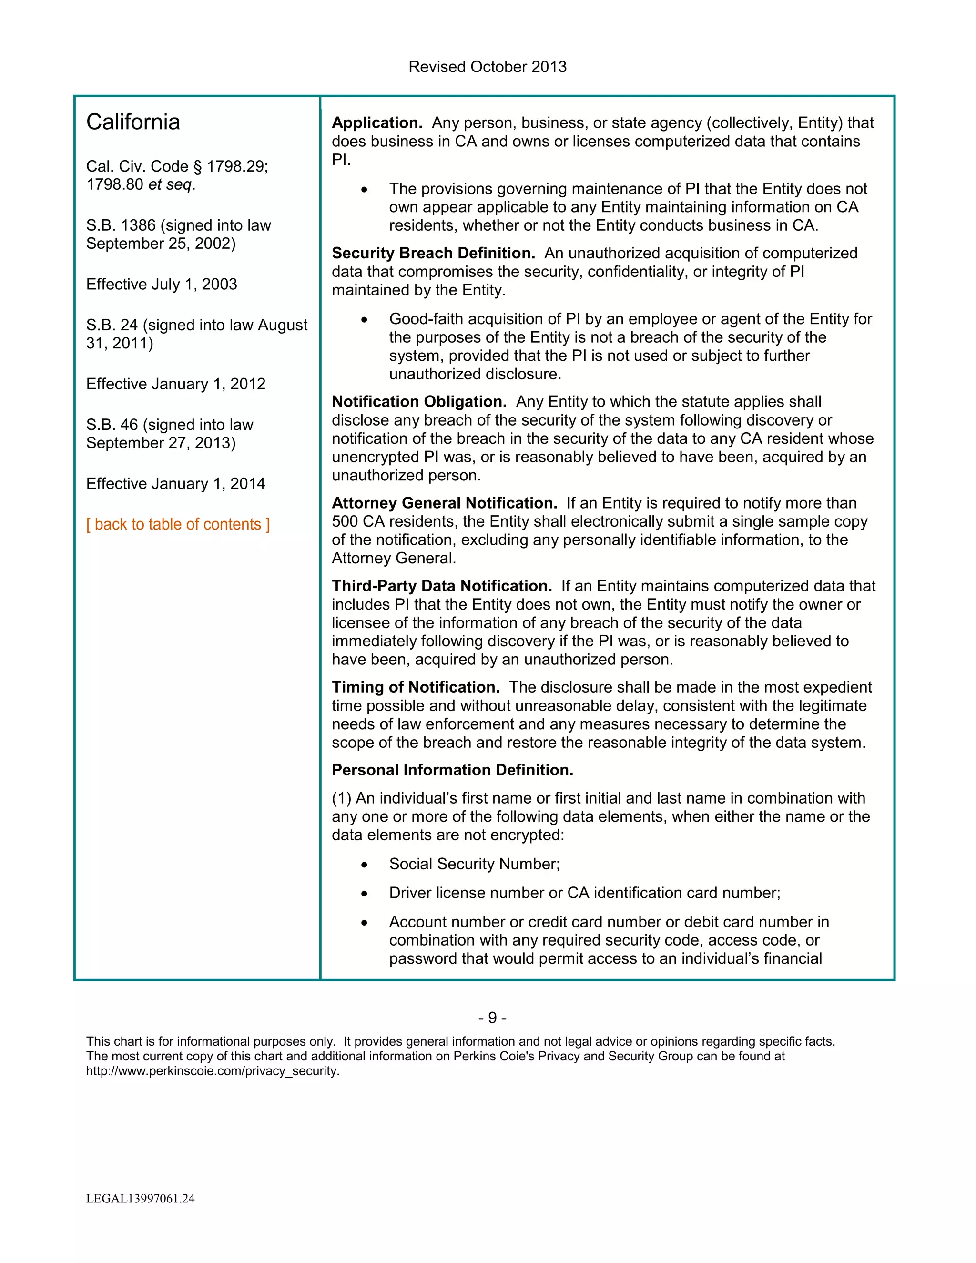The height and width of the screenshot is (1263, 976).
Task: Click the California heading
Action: point(133,122)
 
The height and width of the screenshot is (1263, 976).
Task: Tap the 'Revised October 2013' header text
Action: point(488,67)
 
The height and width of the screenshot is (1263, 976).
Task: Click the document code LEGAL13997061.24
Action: point(141,1198)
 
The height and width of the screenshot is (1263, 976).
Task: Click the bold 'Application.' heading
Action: point(377,122)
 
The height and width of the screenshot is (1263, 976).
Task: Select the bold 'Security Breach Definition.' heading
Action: point(434,253)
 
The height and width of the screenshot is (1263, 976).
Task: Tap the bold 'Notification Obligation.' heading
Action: point(419,401)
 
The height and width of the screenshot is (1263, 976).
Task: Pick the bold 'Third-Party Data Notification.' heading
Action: point(442,586)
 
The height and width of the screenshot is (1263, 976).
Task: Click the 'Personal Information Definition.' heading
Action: point(452,770)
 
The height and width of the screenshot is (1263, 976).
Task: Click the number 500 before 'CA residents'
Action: point(345,521)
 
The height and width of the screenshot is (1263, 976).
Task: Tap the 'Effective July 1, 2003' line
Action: point(162,284)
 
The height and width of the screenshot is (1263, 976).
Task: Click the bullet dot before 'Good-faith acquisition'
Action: point(364,319)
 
